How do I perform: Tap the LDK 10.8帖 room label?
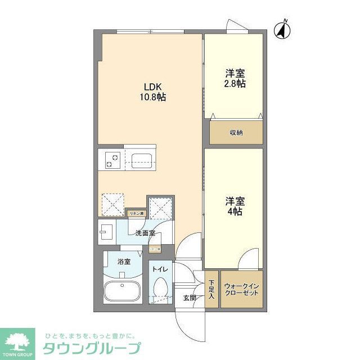153,92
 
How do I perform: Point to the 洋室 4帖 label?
235,206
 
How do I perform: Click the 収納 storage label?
236,133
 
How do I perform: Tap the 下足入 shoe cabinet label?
211,289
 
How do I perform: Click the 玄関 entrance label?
189,298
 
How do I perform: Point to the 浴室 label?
124,262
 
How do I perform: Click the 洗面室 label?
145,233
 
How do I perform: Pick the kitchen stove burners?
110,160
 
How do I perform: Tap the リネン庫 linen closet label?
137,213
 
